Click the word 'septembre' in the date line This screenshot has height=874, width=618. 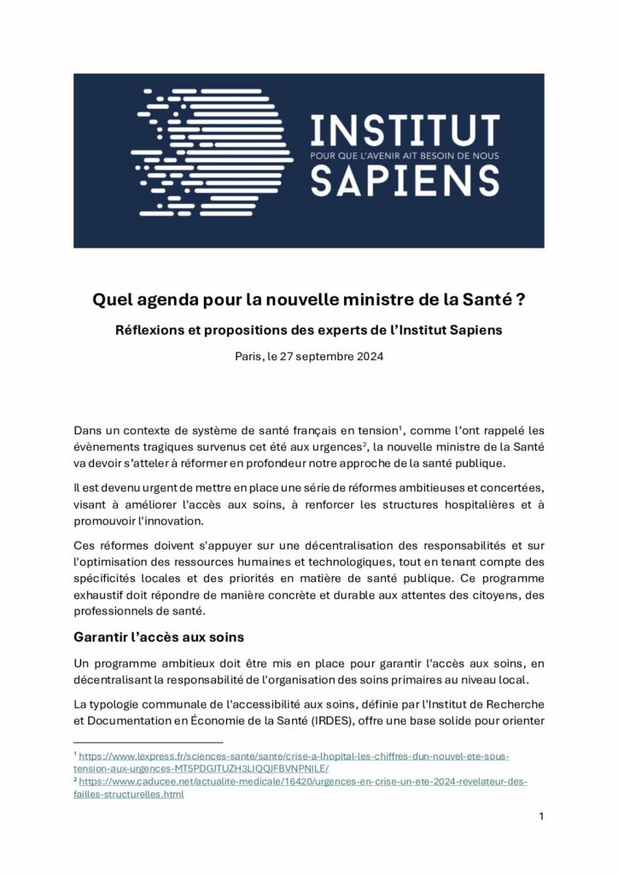coord(322,357)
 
